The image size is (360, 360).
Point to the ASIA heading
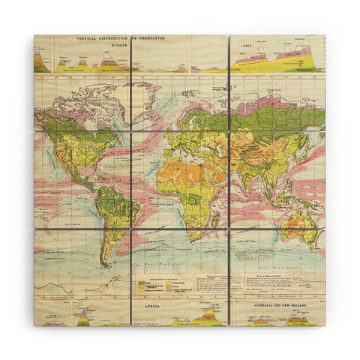(x=244, y=44)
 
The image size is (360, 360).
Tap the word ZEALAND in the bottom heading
(x=304, y=306)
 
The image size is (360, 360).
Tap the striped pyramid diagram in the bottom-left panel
(x=82, y=318)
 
